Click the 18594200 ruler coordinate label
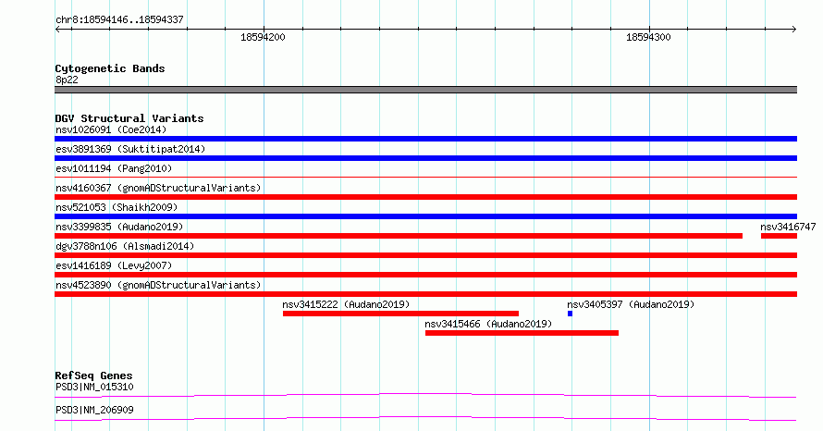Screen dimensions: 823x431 coord(263,37)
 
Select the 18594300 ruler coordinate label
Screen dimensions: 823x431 coord(648,37)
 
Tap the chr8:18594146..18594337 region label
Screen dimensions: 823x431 coord(119,19)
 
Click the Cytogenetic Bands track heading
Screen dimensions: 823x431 coord(110,68)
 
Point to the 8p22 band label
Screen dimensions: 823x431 coord(67,80)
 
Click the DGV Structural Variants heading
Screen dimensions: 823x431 coord(129,118)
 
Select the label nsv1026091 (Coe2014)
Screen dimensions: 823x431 coord(111,129)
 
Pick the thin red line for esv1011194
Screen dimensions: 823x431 coord(425,178)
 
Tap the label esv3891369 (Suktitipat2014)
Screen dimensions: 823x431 coord(130,149)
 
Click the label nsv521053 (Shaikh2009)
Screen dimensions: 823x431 coord(117,207)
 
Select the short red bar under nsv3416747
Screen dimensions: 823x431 coord(779,236)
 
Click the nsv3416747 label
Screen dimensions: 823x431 coord(788,227)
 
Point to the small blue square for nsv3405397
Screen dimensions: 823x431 coord(570,314)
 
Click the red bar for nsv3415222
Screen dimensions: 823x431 coord(400,314)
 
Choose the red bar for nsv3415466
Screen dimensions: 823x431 coord(522,333)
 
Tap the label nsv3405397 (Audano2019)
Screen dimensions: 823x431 coord(631,304)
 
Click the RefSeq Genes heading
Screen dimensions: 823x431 coord(93,376)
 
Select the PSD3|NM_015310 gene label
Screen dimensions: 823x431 coord(94,387)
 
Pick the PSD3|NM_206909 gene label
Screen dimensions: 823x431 coord(94,410)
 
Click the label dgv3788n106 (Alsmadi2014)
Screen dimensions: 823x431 coord(125,246)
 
